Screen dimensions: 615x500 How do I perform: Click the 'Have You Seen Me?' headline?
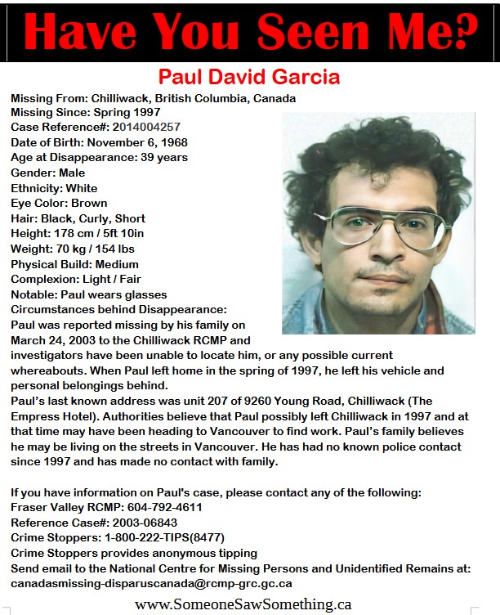[250, 32]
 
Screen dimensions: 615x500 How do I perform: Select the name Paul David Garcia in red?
[249, 78]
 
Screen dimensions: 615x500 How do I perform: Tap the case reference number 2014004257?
[146, 127]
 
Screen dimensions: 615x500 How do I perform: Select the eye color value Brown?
[89, 203]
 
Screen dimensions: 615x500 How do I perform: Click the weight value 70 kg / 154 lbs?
[92, 249]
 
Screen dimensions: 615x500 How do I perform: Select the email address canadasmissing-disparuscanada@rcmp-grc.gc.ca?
[151, 584]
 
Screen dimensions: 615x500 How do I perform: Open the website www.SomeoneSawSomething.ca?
[243, 604]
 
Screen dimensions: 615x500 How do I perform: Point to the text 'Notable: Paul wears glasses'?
[88, 294]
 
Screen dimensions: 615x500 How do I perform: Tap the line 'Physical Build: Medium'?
[74, 264]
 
